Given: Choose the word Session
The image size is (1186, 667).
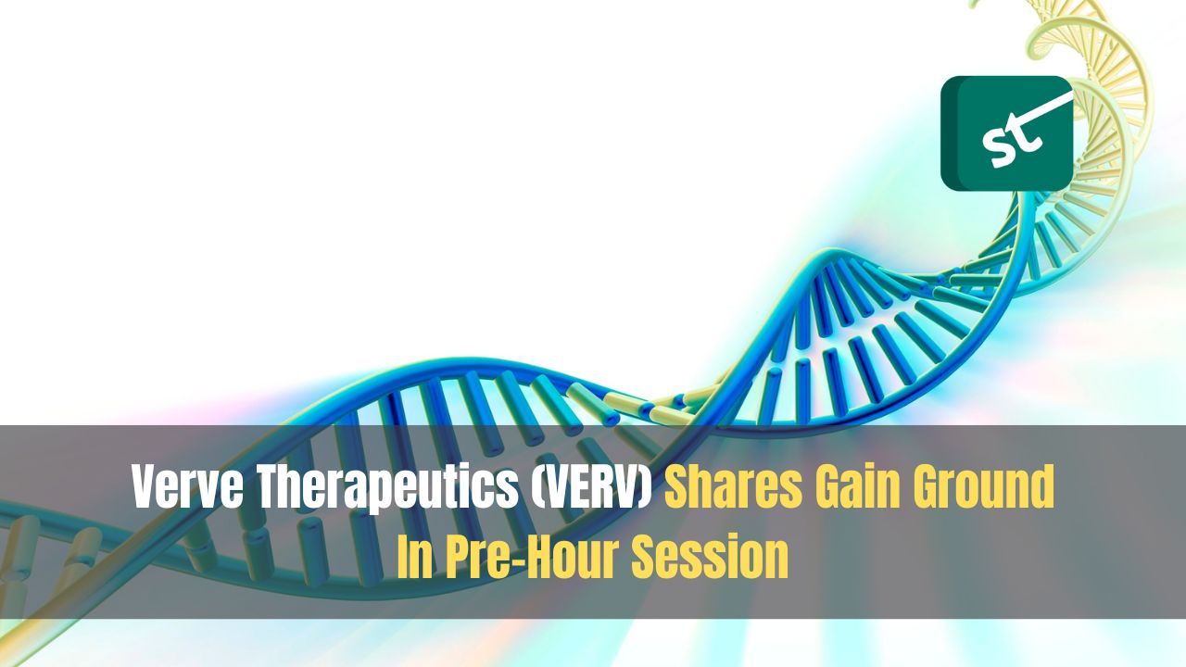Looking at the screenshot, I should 711,557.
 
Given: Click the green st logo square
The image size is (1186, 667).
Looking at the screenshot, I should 1006,133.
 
